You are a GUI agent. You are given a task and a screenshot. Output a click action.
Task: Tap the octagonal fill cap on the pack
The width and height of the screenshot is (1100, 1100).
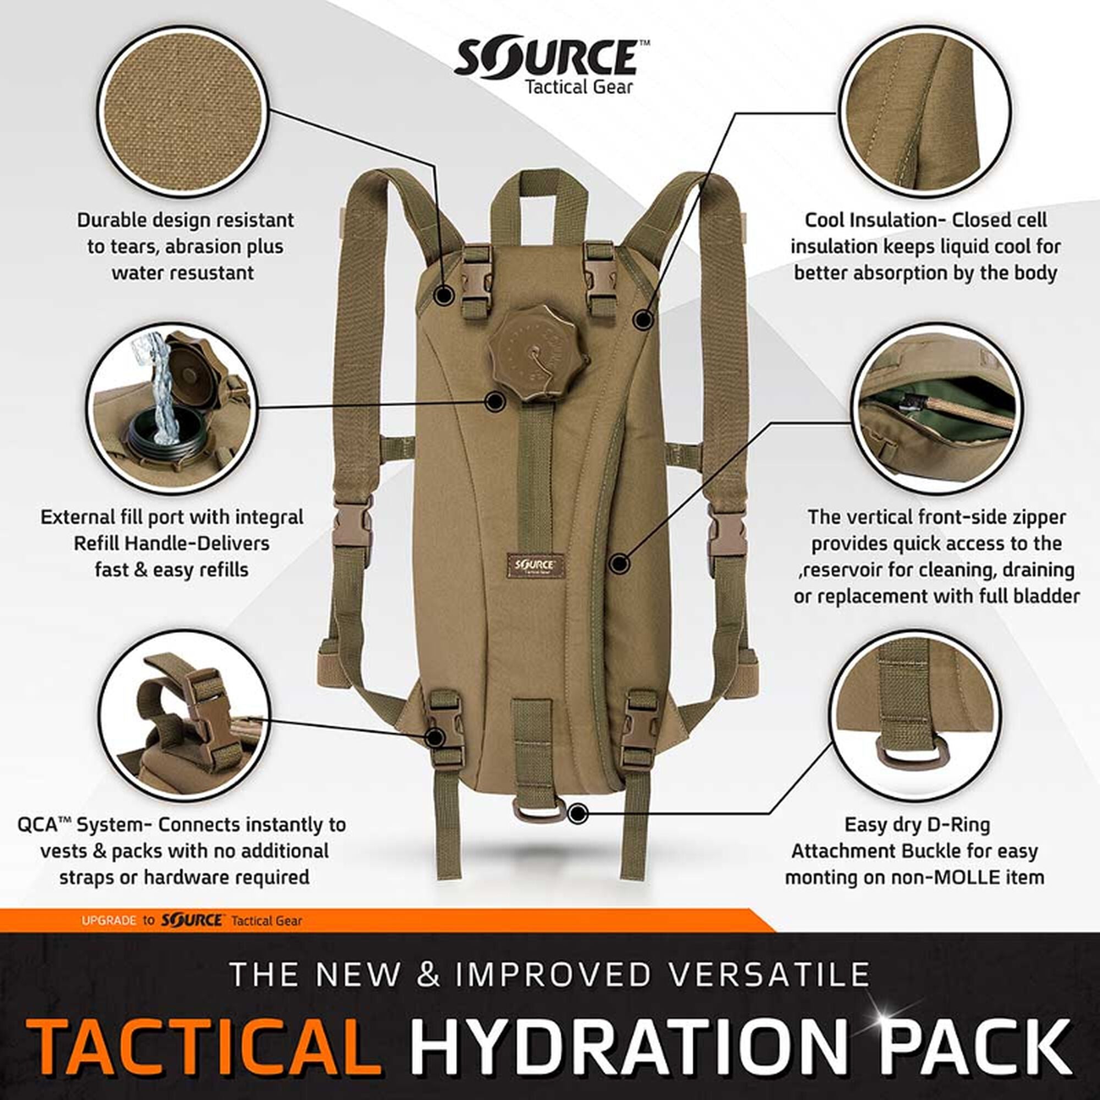pos(522,358)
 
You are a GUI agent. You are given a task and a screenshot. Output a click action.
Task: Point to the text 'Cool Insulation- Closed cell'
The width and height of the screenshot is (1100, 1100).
pos(925,220)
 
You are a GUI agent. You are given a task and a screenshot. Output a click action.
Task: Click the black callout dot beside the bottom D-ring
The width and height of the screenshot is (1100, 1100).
pos(579,813)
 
